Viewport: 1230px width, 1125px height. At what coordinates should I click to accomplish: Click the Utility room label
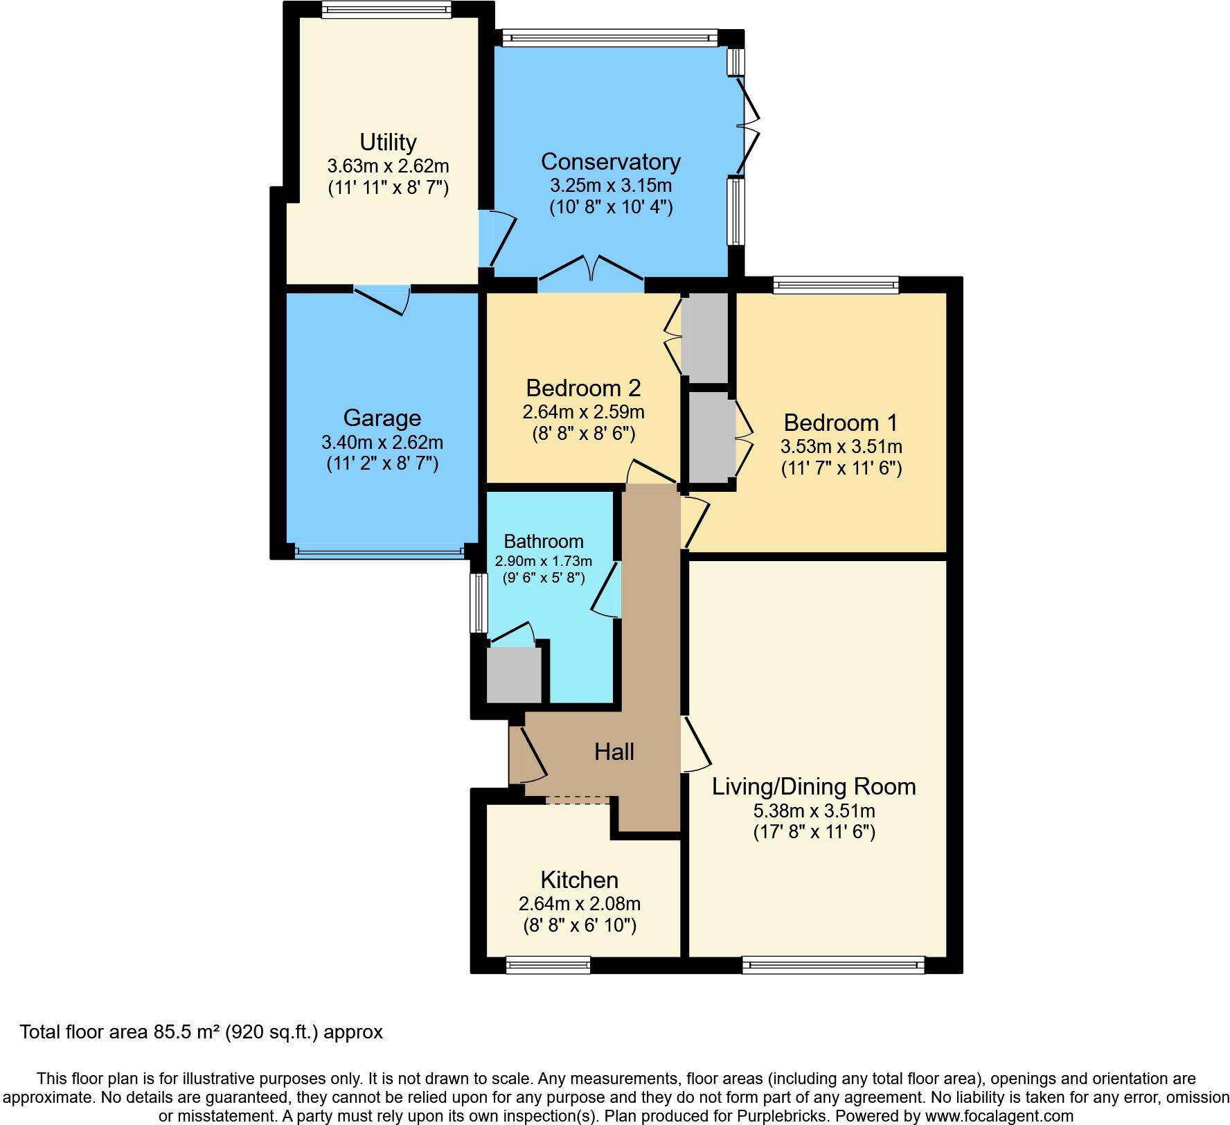pyautogui.click(x=388, y=142)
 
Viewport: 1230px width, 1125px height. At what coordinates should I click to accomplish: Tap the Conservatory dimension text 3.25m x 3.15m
pyautogui.click(x=611, y=186)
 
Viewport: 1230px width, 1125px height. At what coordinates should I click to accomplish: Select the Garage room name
pyautogui.click(x=382, y=418)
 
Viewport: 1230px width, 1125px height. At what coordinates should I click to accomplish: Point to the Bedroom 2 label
pyautogui.click(x=583, y=387)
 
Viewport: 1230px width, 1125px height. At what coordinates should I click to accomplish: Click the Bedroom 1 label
pyautogui.click(x=841, y=422)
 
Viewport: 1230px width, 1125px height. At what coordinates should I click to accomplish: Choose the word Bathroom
pyautogui.click(x=543, y=541)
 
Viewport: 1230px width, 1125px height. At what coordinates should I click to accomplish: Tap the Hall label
pyautogui.click(x=614, y=752)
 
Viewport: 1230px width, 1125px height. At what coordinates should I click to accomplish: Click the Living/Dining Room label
pyautogui.click(x=814, y=786)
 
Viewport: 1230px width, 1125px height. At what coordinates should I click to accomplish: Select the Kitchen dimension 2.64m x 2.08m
pyautogui.click(x=579, y=903)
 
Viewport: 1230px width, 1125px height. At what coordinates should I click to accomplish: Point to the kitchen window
pyautogui.click(x=548, y=964)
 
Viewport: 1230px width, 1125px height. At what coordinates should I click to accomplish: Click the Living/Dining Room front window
pyautogui.click(x=833, y=964)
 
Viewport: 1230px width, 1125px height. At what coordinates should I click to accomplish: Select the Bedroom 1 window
pyautogui.click(x=835, y=284)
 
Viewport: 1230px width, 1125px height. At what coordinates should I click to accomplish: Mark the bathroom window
pyautogui.click(x=478, y=602)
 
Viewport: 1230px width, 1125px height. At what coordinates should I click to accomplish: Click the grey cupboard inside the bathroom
pyautogui.click(x=513, y=675)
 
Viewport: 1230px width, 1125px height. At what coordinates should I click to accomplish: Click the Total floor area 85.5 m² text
pyautogui.click(x=201, y=1032)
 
